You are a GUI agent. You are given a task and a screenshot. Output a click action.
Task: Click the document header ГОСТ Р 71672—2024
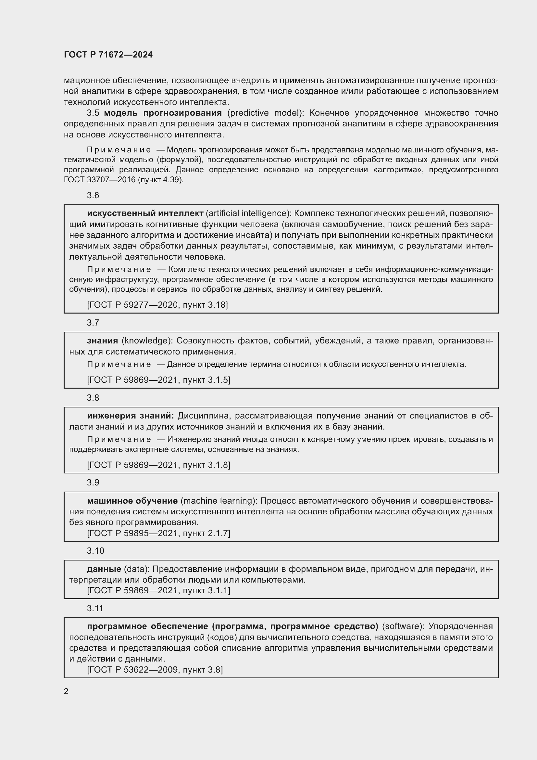coord(108,55)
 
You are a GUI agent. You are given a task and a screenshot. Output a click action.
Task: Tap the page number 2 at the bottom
coord(66,691)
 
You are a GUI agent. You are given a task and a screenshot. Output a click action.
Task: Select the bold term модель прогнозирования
coord(163,113)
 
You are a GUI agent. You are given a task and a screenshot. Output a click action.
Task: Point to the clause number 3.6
coord(93,196)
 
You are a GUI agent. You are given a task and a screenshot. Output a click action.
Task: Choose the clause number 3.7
coord(93,323)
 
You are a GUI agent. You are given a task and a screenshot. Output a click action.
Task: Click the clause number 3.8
coord(93,398)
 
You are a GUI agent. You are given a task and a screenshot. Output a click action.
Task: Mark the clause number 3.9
coord(93,483)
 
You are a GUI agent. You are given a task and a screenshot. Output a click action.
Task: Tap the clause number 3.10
coord(95,551)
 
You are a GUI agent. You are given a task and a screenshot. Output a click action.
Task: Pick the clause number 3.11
coord(95,608)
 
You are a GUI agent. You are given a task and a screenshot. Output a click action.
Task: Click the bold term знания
coord(103,341)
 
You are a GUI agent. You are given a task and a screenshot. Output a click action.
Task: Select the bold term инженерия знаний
coord(130,416)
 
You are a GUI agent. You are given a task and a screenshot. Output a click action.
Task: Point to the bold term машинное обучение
coord(132,501)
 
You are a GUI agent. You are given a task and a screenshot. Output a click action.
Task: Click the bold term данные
coord(104,569)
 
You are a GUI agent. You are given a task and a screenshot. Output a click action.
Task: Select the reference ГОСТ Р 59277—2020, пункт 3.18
coord(157,305)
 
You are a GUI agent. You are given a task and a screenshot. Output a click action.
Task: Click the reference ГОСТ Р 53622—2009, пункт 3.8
coord(155,670)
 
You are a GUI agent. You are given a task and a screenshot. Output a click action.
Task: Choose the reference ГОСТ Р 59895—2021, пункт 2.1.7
coord(158,533)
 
